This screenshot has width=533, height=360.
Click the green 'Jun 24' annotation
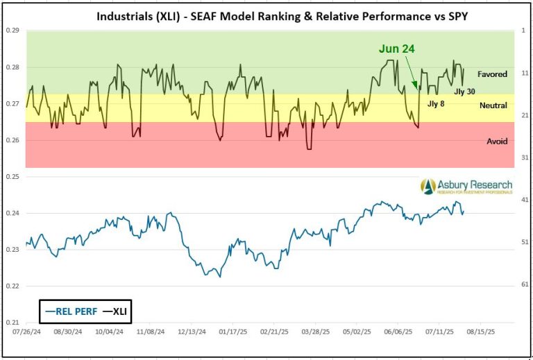397,49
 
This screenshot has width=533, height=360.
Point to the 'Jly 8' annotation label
436,103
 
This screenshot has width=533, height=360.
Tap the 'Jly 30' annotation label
464,91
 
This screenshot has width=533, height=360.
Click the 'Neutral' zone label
492,105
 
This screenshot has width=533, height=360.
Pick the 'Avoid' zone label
496,141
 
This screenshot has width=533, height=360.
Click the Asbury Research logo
466,186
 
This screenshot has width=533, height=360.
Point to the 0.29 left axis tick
12,31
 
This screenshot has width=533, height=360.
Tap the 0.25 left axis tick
12,177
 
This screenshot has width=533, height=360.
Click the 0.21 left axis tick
12,323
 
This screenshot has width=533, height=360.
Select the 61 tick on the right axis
525,284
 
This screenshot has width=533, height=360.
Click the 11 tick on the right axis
525,73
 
